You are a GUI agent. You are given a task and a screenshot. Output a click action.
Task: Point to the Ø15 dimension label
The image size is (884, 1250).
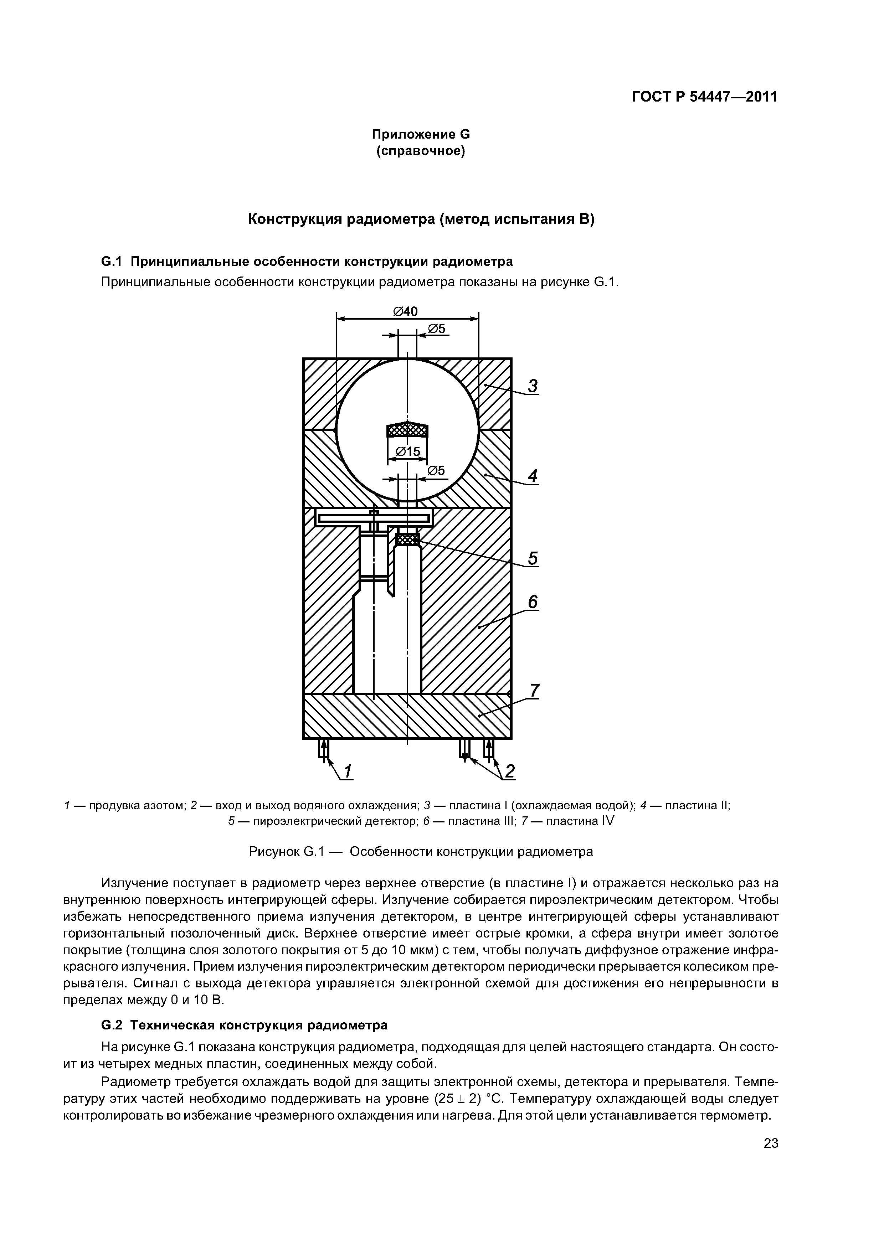pyautogui.click(x=407, y=451)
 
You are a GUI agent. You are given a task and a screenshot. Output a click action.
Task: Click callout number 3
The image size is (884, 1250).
pyautogui.click(x=533, y=386)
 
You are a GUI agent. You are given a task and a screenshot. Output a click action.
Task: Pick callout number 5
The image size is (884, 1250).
pyautogui.click(x=533, y=558)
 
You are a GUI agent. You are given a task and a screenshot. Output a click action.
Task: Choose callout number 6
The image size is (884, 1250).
pyautogui.click(x=533, y=601)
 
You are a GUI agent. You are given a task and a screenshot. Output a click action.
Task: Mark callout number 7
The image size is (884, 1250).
pyautogui.click(x=534, y=690)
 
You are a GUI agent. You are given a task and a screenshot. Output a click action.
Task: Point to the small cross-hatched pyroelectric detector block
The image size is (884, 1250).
pyautogui.click(x=407, y=539)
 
